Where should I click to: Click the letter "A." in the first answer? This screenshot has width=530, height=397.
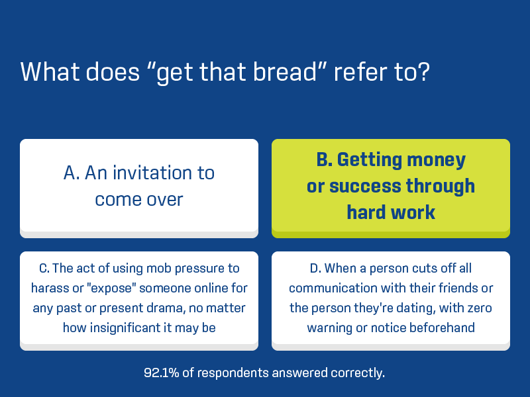pos(72,173)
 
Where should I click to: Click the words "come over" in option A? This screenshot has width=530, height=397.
pos(139,200)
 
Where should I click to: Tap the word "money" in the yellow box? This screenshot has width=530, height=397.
pos(437,161)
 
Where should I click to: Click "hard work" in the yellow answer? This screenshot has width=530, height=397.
pos(391,212)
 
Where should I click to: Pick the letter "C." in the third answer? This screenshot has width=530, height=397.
pos(44,269)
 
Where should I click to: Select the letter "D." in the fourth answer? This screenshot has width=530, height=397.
pos(316,269)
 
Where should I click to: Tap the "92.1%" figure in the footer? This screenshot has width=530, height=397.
pos(161,373)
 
